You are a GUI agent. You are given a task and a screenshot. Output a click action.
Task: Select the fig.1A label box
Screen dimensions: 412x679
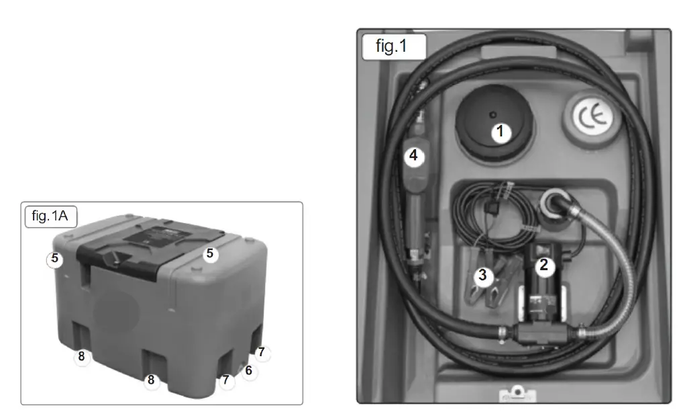coord(50,217)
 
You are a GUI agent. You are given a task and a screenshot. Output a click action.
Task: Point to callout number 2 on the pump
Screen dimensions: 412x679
coord(543,265)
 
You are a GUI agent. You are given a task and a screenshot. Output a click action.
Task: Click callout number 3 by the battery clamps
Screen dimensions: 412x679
coord(482,275)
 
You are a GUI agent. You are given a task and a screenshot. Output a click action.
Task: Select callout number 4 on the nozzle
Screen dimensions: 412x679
coord(413,156)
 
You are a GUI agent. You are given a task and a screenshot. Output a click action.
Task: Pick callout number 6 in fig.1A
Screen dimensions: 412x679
coord(248,370)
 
